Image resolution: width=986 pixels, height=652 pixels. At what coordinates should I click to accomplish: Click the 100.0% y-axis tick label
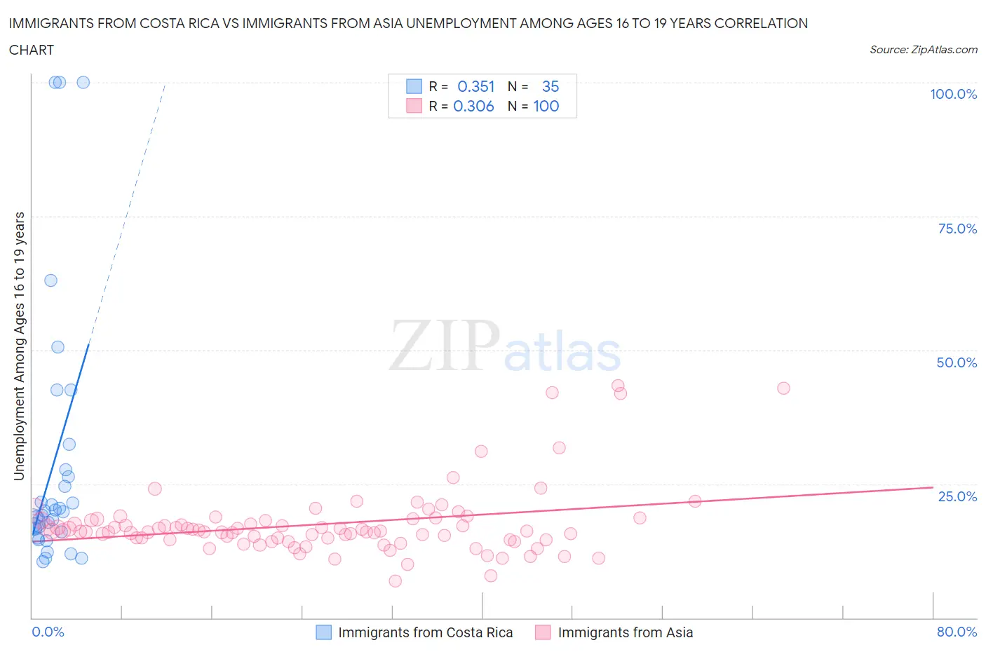coord(953,94)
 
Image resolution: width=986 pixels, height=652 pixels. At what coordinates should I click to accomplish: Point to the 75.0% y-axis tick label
coord(957,229)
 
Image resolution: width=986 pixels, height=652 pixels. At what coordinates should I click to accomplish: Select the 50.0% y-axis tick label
coord(957,362)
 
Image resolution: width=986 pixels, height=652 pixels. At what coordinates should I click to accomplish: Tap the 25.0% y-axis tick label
coord(957,496)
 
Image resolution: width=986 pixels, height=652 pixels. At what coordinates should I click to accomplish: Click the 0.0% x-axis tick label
coord(48,632)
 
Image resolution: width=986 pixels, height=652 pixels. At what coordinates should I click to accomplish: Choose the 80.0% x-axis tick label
coord(957,632)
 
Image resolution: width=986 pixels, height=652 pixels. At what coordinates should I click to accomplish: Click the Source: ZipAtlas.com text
coord(923,49)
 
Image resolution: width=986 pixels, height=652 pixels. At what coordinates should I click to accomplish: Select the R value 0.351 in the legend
coord(475,86)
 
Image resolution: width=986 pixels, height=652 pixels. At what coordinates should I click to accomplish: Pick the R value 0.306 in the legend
coord(473,106)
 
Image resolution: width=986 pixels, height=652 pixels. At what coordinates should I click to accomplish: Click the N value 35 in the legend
coord(551,86)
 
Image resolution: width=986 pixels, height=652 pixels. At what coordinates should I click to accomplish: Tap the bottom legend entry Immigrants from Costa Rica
coord(425,632)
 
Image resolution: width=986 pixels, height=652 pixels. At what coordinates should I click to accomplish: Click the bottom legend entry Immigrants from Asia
coord(625,632)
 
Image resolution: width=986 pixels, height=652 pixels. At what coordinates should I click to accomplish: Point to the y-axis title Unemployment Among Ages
coord(19,346)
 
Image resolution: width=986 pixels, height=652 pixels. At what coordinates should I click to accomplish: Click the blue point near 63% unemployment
coord(50,280)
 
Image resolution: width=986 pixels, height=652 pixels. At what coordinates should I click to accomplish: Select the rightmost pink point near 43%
coord(783,388)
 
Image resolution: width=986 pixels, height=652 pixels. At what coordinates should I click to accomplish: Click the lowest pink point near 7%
coord(395,581)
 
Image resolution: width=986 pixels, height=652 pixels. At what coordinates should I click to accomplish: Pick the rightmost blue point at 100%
coord(83,82)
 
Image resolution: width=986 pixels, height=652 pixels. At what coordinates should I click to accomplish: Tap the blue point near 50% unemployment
coord(58,347)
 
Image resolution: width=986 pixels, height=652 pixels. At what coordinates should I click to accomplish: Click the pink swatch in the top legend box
coord(414,106)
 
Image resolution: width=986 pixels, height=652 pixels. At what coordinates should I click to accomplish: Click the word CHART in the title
coord(32,50)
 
